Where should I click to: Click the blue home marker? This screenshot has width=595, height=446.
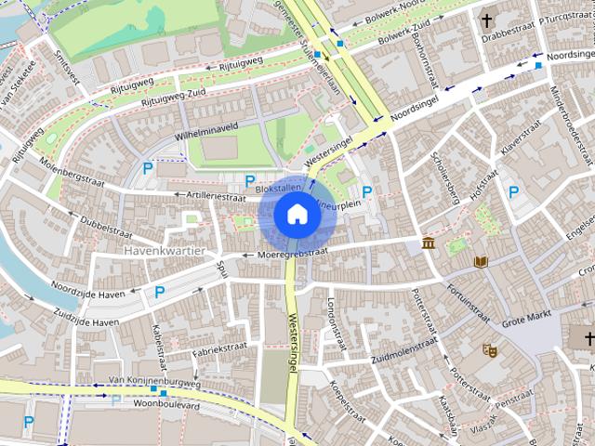pos(297,215)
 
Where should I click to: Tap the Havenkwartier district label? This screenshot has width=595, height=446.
pos(168,251)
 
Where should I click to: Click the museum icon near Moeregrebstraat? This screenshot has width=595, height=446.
pos(428,243)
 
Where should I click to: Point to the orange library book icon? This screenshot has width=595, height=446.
pos(481,261)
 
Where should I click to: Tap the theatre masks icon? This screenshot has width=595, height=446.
pos(489,350)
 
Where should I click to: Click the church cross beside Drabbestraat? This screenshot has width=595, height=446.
pos(486,20)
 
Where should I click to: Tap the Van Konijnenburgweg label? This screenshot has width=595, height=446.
pos(153,381)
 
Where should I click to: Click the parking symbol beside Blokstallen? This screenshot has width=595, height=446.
pos(248,180)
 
